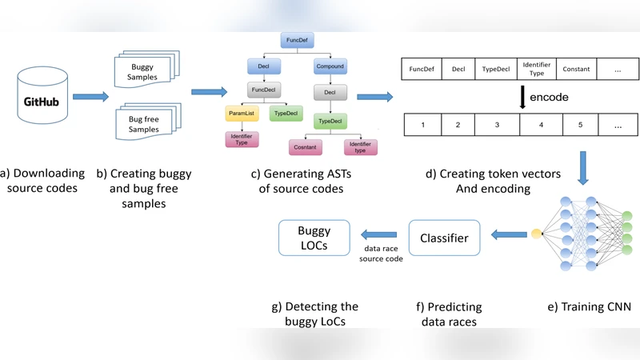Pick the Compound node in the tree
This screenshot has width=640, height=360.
(330, 66)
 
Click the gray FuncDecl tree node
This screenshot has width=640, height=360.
(263, 90)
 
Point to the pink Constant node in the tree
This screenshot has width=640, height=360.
(305, 147)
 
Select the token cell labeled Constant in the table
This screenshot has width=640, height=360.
(576, 69)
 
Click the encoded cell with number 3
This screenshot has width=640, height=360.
(497, 125)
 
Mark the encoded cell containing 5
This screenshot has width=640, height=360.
(581, 125)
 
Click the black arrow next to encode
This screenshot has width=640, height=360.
(522, 98)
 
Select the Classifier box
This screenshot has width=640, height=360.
(445, 238)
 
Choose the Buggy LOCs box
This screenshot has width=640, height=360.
(314, 238)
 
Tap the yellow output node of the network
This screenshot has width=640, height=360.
(535, 234)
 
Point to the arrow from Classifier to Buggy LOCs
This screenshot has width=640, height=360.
(379, 234)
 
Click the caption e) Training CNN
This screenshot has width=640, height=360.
(589, 306)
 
